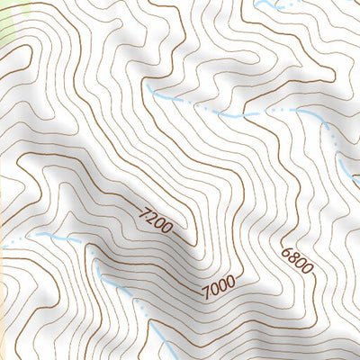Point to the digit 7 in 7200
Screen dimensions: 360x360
146,213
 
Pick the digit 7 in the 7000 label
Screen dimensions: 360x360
206,292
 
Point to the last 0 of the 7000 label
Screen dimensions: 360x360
230,281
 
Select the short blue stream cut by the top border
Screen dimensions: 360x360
270,5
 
